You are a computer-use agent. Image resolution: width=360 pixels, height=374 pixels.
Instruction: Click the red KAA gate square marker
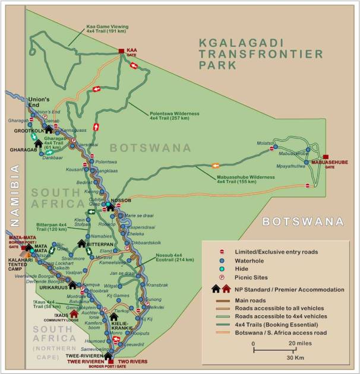tap(121, 51)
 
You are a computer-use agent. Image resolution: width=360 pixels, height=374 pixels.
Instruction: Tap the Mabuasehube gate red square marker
tap(326, 157)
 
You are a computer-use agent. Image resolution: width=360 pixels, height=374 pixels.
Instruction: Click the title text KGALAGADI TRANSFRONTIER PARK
tap(262, 52)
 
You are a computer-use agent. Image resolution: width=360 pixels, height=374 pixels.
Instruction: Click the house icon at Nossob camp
tap(109, 207)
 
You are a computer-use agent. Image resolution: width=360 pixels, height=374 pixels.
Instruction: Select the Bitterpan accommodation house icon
tap(81, 243)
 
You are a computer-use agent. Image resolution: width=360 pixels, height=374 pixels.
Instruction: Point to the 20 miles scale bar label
tap(302, 344)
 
